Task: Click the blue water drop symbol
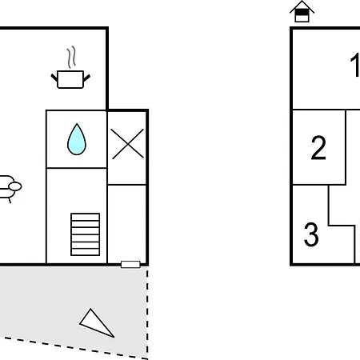coord(77,139)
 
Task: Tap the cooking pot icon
coord(70,79)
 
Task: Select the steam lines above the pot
coord(71,57)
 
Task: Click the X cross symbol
coord(128,144)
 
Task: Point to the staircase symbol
coord(86,234)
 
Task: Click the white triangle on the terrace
coord(97,323)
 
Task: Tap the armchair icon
coord(10,188)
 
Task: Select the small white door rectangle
coord(130,264)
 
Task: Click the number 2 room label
coord(318,147)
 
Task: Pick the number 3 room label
coord(311,234)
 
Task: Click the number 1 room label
coord(355,65)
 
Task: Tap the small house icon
coord(302,11)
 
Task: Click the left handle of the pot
coord(54,78)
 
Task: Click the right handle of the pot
coord(87,78)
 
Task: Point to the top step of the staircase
coord(86,217)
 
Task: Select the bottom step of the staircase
coord(86,252)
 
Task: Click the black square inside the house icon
coord(302,12)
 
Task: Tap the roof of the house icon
coord(302,6)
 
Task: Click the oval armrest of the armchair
coord(15,186)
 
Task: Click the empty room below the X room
coord(127,223)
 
